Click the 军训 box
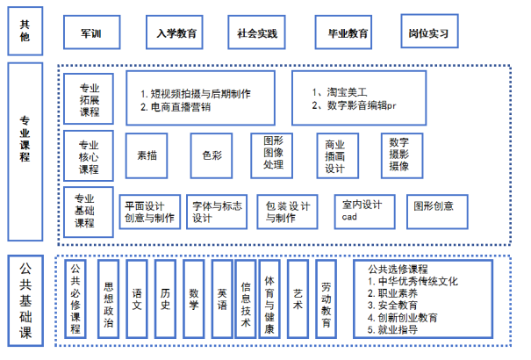click(x=92, y=32)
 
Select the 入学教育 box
click(x=175, y=32)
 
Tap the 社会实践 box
click(x=256, y=32)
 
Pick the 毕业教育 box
click(x=343, y=32)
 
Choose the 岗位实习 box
click(x=429, y=31)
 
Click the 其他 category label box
click(x=25, y=31)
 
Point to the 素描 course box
click(x=147, y=155)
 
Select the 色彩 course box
click(x=212, y=155)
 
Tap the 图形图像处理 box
click(x=271, y=155)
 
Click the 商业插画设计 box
click(x=338, y=155)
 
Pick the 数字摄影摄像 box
click(x=402, y=155)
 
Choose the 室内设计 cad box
click(x=365, y=212)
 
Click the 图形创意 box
click(x=437, y=212)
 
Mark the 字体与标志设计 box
click(x=217, y=212)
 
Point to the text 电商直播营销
click(x=181, y=107)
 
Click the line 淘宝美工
click(x=347, y=92)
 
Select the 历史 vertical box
click(x=165, y=299)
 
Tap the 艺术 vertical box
click(x=298, y=299)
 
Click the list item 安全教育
click(x=398, y=306)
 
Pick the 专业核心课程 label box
click(x=89, y=155)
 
